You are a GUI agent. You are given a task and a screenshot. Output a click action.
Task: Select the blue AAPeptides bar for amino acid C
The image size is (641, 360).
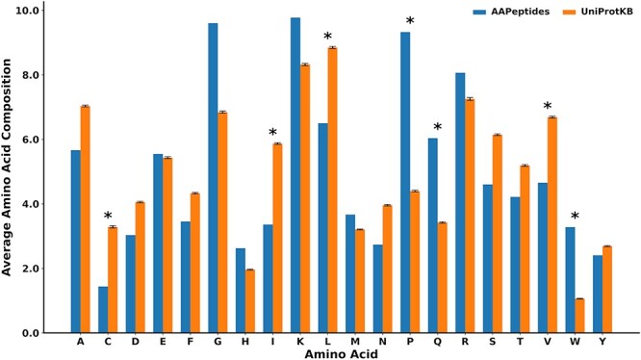[x=103, y=309]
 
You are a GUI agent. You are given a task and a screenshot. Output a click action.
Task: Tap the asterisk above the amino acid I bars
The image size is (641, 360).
[x=272, y=134]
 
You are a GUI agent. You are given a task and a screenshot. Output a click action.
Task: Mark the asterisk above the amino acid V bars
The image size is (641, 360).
[x=547, y=107]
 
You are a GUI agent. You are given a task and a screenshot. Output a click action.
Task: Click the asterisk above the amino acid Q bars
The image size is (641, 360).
[x=437, y=128]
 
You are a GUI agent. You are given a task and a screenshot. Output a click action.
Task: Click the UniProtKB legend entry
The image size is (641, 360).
[x=596, y=13]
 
